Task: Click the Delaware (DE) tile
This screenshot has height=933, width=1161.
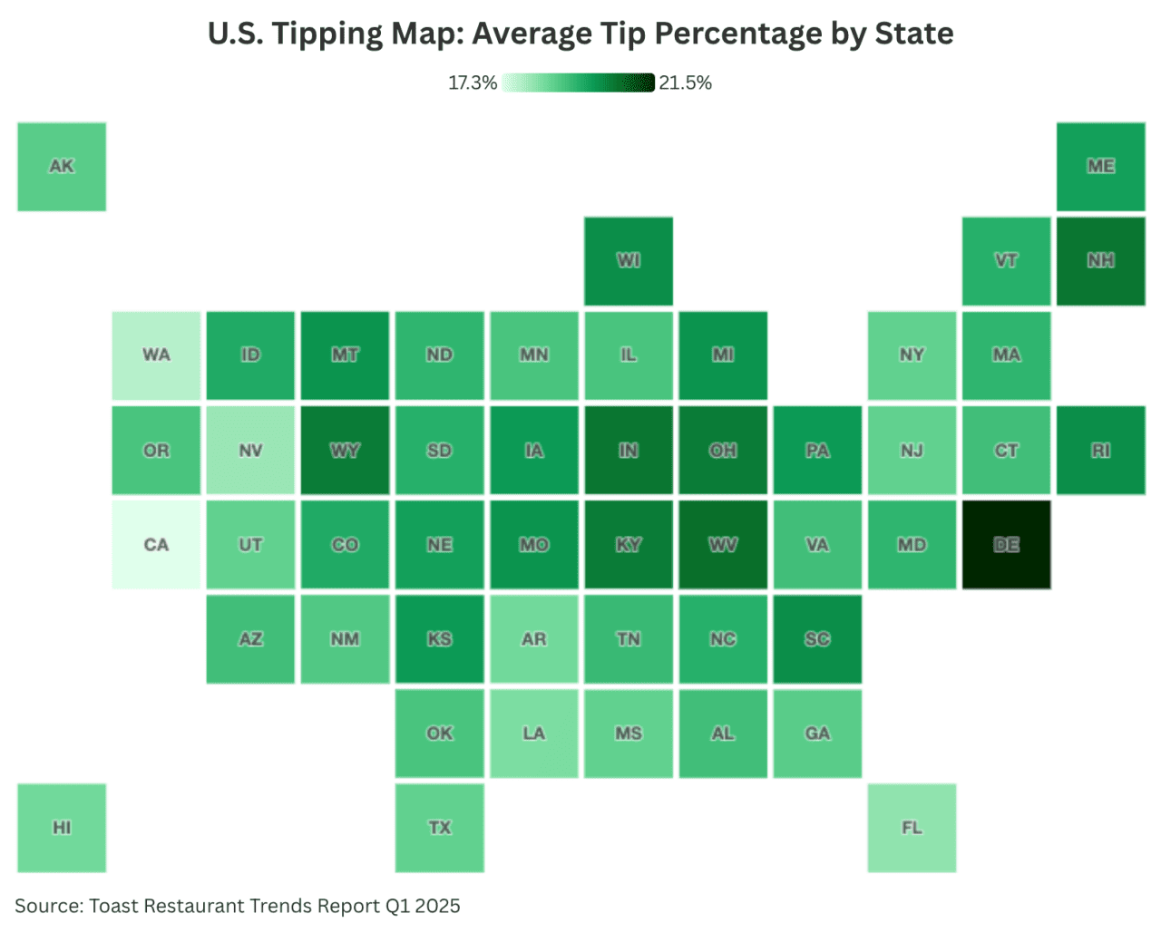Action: pos(1006,545)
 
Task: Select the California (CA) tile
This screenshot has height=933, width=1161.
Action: pos(156,545)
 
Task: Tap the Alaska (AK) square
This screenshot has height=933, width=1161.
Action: pos(62,167)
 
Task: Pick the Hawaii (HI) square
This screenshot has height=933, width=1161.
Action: pos(62,828)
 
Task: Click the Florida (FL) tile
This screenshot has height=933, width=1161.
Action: pos(912,828)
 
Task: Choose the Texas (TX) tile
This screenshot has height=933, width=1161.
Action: pos(439,828)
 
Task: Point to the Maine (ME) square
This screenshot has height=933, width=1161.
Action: pos(1100,167)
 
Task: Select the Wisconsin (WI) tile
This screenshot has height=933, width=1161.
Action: pos(629,261)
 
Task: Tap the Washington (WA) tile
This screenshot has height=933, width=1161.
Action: pos(156,355)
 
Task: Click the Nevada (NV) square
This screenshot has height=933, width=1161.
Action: pos(250,451)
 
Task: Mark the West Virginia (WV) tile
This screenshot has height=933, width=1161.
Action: pos(723,545)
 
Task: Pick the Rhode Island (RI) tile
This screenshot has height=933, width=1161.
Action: pos(1100,451)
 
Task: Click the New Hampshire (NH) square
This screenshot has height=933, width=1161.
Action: pos(1100,261)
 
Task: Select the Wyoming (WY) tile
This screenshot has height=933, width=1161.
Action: pos(345,451)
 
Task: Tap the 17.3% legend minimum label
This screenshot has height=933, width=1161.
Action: pos(473,83)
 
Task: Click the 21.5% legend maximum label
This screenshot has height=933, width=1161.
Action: pos(685,83)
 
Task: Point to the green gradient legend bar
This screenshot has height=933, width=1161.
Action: pos(578,83)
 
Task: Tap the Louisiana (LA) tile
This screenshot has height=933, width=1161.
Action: pos(534,734)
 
